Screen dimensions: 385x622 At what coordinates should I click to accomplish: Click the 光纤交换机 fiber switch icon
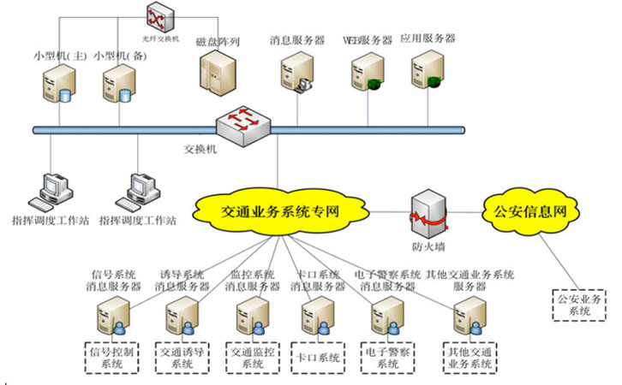(158, 16)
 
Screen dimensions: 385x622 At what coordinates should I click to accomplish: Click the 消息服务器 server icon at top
(298, 72)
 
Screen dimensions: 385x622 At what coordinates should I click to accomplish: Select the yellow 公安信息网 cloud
(525, 208)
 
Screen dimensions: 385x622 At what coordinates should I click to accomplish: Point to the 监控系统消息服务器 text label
(253, 281)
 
